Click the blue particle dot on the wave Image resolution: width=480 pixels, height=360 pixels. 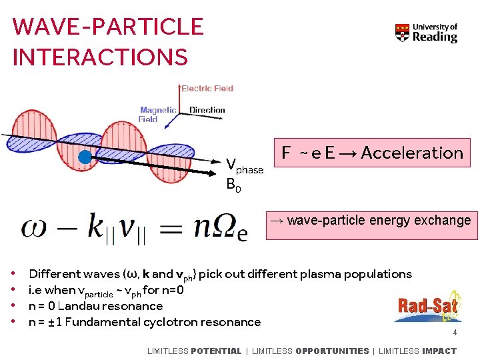(x=85, y=157)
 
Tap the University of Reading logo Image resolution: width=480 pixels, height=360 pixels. (x=427, y=33)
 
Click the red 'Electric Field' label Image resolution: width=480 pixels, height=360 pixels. (x=207, y=88)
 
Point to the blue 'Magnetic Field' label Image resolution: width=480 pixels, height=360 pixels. (x=157, y=115)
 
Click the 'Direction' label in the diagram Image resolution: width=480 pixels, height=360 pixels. (x=207, y=110)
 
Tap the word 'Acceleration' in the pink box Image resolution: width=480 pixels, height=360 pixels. (x=411, y=153)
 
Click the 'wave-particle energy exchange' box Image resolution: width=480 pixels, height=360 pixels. (x=372, y=221)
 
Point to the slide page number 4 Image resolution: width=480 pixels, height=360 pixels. (x=455, y=333)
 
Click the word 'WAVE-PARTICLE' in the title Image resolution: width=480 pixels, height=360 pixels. (x=108, y=27)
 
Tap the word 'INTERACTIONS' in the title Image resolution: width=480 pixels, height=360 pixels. (x=100, y=57)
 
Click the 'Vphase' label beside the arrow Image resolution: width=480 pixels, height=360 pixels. (x=244, y=166)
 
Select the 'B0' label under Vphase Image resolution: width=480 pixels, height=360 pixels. (x=233, y=185)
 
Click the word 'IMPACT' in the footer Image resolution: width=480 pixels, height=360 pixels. (x=439, y=351)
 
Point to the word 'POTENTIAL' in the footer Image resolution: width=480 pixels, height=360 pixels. (x=216, y=351)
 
